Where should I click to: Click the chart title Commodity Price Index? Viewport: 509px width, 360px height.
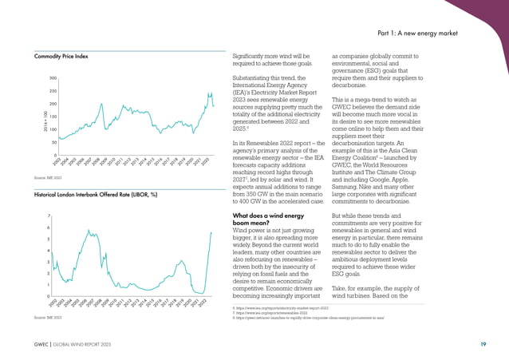pos(61,57)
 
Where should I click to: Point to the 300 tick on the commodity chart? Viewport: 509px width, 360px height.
pos(52,78)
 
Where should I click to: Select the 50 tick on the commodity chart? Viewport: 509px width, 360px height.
pos(53,142)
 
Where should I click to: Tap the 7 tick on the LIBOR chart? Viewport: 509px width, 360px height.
pos(50,216)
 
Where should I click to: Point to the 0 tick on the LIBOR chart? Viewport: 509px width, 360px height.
pos(50,296)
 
